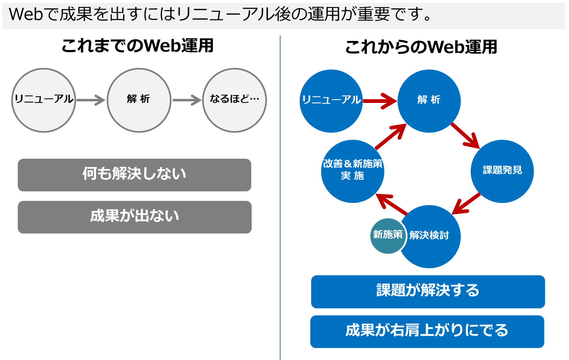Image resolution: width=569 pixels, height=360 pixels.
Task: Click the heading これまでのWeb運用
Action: (x=138, y=46)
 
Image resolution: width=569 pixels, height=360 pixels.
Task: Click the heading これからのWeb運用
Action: (x=421, y=47)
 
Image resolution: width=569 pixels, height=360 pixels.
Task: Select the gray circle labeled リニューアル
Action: (x=44, y=100)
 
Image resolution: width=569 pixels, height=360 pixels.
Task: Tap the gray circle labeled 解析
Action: (x=139, y=100)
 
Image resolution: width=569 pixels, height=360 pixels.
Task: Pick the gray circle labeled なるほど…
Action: (x=234, y=100)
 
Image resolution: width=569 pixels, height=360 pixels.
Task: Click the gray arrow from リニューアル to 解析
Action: (x=91, y=100)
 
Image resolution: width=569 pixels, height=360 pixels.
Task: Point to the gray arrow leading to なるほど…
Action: (x=187, y=100)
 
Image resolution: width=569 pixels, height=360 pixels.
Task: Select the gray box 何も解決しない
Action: (x=134, y=175)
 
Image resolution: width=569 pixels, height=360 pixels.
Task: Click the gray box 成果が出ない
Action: (x=135, y=217)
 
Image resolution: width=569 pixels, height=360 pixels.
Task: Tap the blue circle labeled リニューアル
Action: (x=331, y=101)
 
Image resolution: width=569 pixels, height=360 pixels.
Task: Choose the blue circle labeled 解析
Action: (x=429, y=101)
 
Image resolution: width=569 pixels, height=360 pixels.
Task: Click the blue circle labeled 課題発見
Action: (x=502, y=171)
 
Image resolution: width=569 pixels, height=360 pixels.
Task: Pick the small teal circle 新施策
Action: (x=388, y=236)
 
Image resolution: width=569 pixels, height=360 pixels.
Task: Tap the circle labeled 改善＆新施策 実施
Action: (x=352, y=171)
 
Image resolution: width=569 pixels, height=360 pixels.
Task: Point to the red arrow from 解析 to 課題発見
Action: (x=465, y=136)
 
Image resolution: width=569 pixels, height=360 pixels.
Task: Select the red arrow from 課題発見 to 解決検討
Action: (x=467, y=203)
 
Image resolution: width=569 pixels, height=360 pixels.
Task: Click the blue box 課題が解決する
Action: (x=428, y=292)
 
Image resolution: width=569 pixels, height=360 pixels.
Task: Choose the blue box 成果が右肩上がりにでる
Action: (x=427, y=331)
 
